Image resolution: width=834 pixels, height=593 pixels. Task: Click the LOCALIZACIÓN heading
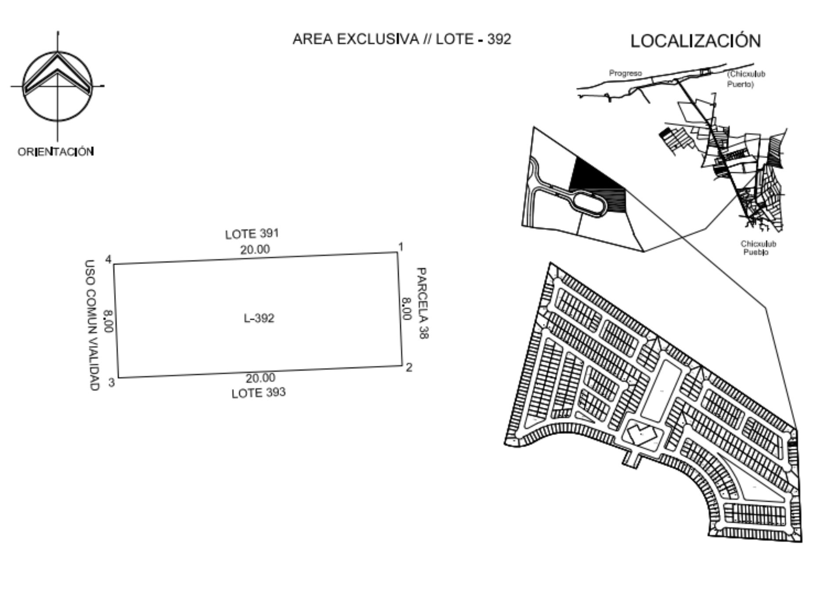[x=696, y=40]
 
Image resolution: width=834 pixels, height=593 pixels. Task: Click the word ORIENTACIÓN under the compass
[x=56, y=152]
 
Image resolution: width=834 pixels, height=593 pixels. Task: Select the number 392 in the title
[x=499, y=39]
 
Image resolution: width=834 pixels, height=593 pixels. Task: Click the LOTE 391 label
[x=252, y=234]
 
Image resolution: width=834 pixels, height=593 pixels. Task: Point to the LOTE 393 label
[x=259, y=392]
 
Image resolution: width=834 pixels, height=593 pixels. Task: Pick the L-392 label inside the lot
[x=259, y=318]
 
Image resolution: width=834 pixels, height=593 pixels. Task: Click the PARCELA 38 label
[x=422, y=303]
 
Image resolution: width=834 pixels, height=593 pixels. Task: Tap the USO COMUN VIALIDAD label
[x=90, y=325]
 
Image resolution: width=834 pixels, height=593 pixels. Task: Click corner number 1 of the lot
[x=400, y=247]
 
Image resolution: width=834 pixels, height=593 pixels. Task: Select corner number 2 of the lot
[x=409, y=367]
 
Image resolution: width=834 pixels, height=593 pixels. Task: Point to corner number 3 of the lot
[x=111, y=383]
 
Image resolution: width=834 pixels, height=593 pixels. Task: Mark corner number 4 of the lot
[x=108, y=259]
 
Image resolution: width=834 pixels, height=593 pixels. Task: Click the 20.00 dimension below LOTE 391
[x=255, y=249]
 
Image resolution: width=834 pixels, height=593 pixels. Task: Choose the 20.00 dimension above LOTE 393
[x=261, y=378]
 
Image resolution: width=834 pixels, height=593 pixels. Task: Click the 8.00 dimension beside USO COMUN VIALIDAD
[x=108, y=321]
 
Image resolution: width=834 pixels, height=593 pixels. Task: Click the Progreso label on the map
[x=625, y=73]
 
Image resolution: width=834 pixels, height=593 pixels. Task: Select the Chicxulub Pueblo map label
[x=758, y=248]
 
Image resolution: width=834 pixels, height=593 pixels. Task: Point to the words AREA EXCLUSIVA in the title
[x=356, y=39]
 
